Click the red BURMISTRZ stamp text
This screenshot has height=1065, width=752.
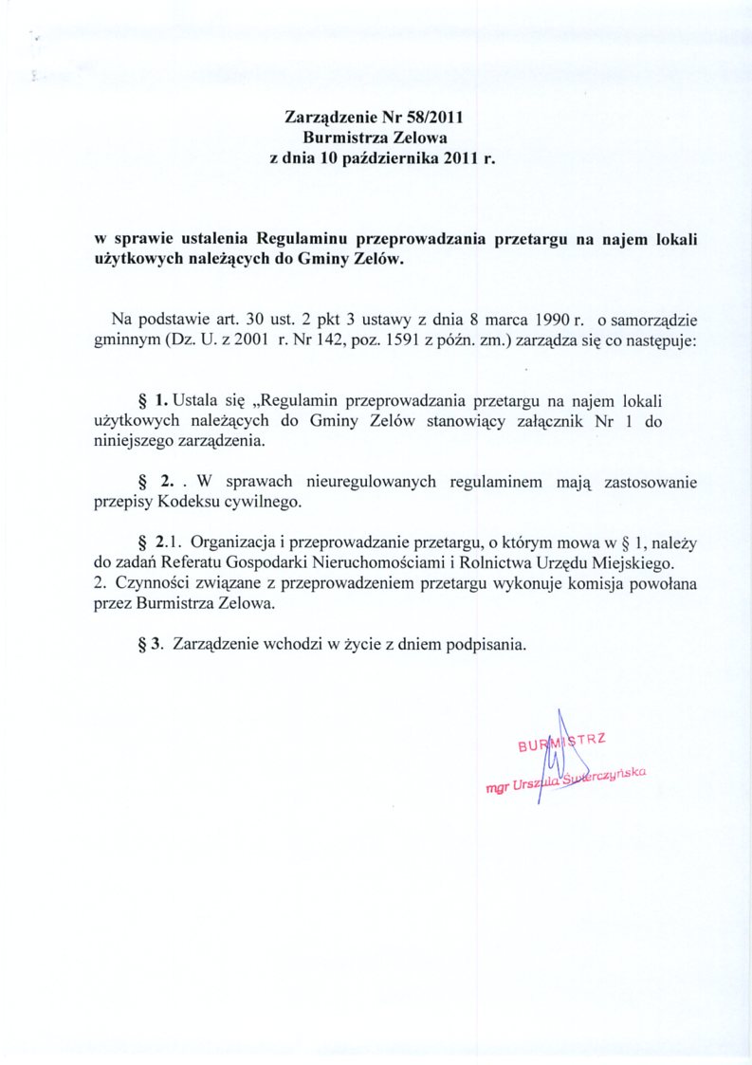[x=560, y=743]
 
